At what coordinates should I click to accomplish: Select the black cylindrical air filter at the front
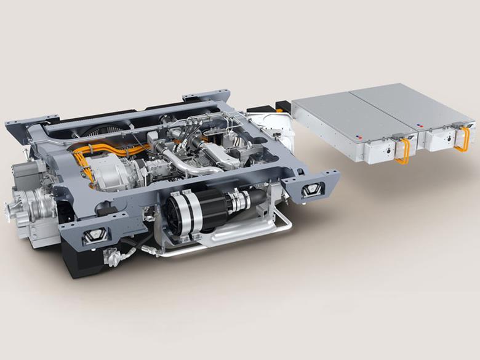click(x=191, y=212)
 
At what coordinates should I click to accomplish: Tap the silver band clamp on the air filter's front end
click(x=237, y=200)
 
